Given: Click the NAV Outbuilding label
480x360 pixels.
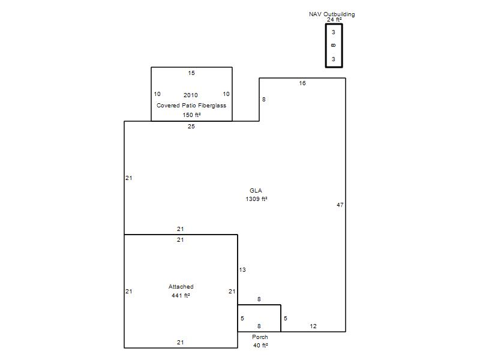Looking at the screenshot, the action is click(332, 14).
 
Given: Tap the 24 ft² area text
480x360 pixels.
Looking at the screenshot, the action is click(334, 20).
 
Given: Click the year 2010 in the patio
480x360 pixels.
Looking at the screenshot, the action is click(191, 95).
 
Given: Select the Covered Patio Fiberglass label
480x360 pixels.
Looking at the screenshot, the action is click(191, 106).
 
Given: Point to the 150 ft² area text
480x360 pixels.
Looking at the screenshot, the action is click(191, 115).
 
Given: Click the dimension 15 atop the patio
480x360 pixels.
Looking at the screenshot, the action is click(191, 73).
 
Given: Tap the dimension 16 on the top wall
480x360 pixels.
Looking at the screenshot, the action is click(302, 83).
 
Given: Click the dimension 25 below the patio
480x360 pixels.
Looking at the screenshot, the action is click(191, 126).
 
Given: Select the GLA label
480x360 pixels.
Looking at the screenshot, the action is click(256, 190).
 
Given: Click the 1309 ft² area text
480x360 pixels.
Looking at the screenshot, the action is click(257, 199).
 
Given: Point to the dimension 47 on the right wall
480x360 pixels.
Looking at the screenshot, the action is click(340, 205).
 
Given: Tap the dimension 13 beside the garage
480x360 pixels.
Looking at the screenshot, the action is click(242, 269).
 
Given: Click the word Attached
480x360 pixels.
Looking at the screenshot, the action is click(181, 287).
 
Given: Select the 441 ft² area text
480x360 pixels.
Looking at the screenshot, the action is click(181, 295).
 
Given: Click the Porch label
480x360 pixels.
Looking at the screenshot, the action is click(260, 337).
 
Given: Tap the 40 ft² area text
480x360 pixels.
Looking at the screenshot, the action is click(260, 346).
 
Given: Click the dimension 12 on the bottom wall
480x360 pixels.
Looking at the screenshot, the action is click(313, 326).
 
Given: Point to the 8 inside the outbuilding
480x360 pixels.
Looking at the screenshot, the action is click(334, 46).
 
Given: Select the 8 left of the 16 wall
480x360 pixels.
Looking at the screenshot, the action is click(264, 99).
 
